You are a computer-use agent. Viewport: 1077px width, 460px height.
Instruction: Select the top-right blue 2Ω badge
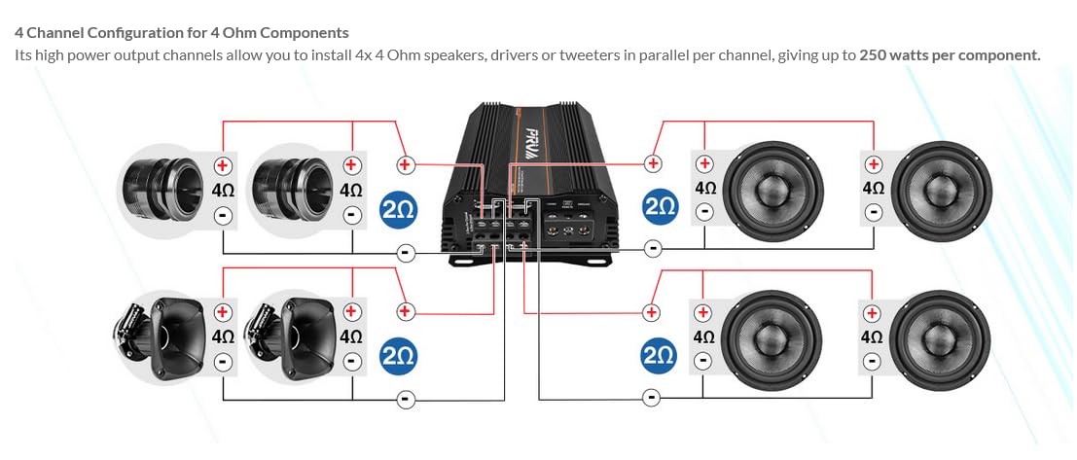point(660,207)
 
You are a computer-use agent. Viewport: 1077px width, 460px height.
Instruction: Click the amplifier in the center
point(530,185)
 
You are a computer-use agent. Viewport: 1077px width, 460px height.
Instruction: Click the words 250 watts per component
point(950,54)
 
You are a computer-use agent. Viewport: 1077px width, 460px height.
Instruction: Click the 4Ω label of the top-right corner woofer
point(873,188)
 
